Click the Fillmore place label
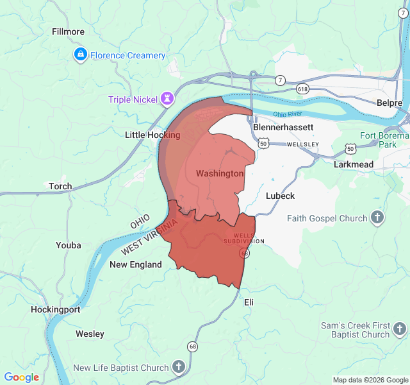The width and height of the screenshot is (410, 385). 68,31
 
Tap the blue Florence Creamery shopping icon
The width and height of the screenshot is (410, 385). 80,55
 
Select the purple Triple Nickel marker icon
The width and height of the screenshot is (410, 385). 168,99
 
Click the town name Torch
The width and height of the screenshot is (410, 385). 60,186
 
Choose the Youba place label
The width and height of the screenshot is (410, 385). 69,245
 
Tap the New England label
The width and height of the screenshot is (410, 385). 136,264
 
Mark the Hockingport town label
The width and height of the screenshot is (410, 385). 56,309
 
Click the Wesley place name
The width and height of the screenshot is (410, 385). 90,334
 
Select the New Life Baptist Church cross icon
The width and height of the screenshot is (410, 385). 179,368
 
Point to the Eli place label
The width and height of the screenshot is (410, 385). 249,302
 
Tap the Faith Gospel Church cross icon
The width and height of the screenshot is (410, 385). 378,218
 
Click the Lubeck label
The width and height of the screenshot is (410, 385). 280,196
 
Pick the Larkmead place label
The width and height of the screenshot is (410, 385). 353,164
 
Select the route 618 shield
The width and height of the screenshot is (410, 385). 302,89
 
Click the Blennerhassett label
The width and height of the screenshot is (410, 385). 283,127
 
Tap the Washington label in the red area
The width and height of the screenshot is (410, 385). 220,173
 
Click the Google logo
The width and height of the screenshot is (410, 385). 22,377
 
